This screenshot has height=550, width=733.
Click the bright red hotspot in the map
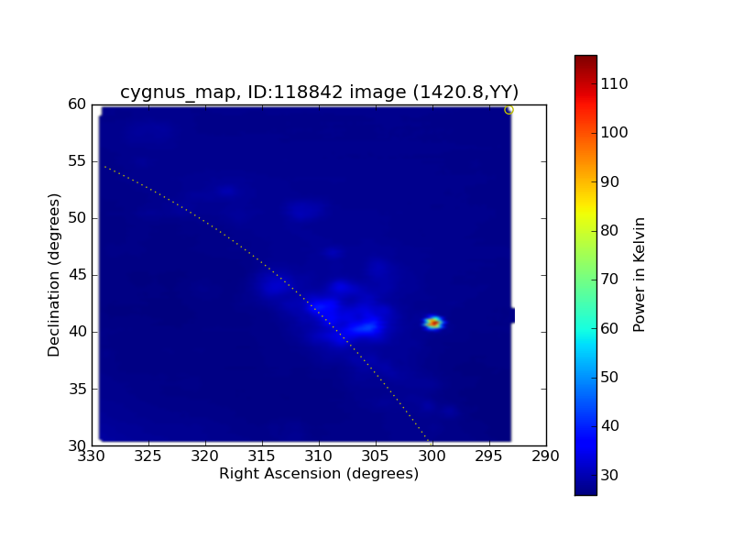pos(433,323)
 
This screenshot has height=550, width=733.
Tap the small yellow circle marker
pos(509,110)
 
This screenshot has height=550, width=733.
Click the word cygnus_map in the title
pos(177,93)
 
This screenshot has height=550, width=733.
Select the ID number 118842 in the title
pos(308,92)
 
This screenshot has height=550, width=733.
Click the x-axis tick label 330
pos(91,456)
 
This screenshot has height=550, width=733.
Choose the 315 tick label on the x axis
pos(262,456)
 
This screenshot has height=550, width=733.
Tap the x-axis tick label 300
pos(432,456)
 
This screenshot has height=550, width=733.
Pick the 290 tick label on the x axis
pos(545,456)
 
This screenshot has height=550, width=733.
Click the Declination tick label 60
pos(77,104)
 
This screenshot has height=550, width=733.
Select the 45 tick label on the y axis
pos(77,274)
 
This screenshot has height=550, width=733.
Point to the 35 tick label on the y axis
pos(77,389)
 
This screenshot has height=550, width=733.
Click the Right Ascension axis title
pos(319,474)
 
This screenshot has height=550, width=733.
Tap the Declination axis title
pos(54,275)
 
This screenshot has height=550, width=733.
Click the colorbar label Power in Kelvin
pos(639,275)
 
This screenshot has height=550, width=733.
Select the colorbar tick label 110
pos(614,83)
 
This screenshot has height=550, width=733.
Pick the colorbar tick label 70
pos(609,280)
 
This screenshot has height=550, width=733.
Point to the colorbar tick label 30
pos(609,475)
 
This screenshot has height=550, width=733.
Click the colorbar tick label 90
pos(609,181)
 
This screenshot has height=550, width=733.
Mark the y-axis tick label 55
pos(77,161)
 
